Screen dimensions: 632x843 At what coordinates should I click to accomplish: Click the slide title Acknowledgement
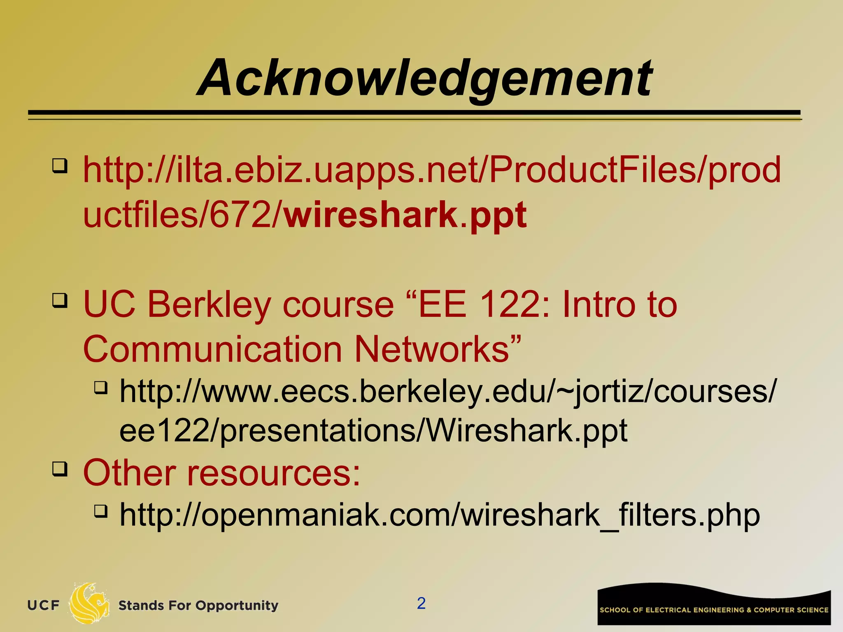[x=424, y=78]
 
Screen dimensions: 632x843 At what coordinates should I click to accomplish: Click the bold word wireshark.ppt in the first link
[x=405, y=215]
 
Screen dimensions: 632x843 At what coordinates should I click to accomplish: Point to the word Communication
[x=212, y=349]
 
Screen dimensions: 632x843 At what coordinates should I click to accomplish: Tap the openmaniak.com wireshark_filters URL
[x=439, y=515]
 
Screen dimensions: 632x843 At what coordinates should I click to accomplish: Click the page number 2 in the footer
[x=421, y=603]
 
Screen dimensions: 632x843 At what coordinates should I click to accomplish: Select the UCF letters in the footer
[x=43, y=605]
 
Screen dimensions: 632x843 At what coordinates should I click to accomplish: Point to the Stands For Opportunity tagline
[x=198, y=605]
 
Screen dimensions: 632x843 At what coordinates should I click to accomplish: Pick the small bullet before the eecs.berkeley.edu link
[x=100, y=388]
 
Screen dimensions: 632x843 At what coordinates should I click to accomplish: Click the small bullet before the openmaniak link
[x=100, y=511]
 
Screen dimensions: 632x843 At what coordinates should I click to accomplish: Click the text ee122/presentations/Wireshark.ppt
[x=373, y=431]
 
